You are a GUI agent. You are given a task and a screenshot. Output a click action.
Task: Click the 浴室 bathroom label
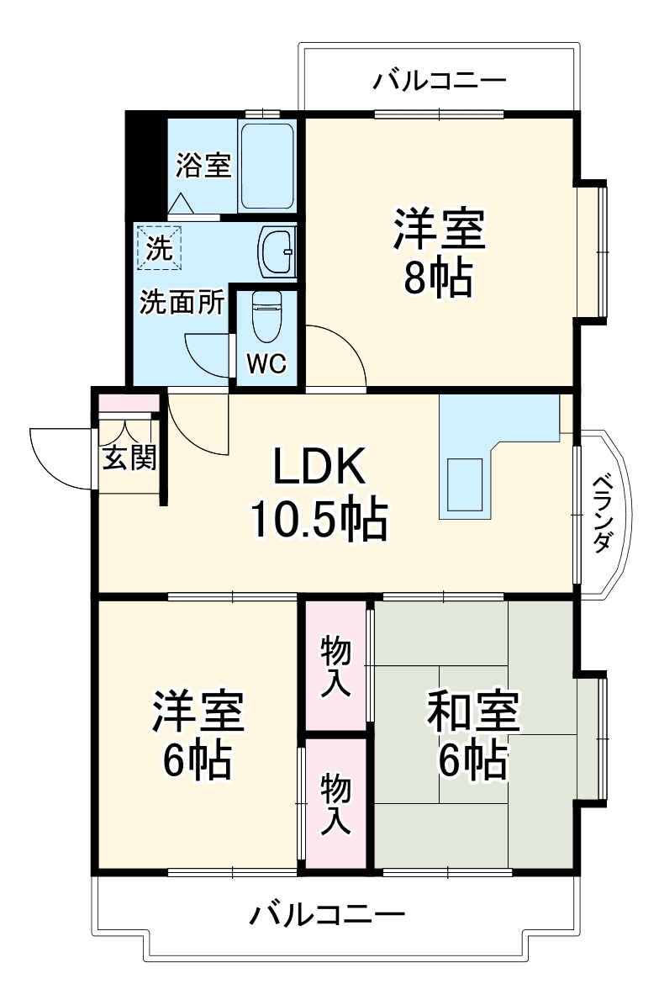(203, 165)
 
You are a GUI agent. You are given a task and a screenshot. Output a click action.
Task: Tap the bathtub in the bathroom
(266, 166)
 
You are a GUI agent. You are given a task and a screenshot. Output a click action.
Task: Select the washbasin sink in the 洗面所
(277, 250)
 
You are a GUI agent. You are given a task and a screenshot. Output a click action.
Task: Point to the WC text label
(266, 364)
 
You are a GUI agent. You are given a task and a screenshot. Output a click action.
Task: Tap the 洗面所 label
(182, 302)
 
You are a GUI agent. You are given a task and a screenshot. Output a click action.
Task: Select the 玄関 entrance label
(129, 458)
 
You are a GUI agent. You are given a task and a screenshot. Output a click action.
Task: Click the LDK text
(319, 467)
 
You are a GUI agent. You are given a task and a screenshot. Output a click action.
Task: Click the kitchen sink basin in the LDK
(466, 484)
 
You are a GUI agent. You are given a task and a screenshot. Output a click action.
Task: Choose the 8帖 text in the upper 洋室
(438, 279)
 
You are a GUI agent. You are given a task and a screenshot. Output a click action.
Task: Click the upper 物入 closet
(336, 667)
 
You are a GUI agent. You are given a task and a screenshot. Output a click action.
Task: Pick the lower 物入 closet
(336, 804)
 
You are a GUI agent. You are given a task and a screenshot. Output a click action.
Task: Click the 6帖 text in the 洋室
(198, 759)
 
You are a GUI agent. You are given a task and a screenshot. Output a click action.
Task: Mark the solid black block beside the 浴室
(145, 164)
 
